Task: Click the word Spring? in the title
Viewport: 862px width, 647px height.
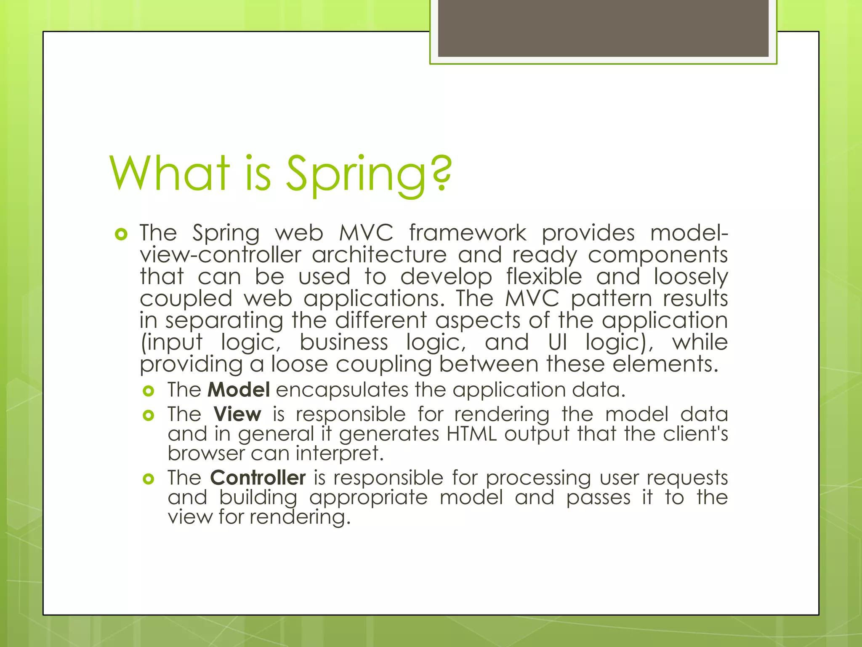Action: click(x=369, y=174)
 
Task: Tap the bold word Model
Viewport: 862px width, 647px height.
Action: click(x=239, y=390)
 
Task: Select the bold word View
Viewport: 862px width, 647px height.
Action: click(x=237, y=414)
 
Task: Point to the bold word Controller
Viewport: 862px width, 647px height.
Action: click(x=258, y=478)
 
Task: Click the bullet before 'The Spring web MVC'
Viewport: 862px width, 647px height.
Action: click(x=121, y=234)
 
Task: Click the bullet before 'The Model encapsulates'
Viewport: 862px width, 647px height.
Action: click(x=148, y=391)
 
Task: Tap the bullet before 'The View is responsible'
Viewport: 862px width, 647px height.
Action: click(x=148, y=416)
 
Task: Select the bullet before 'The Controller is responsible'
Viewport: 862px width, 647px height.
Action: click(x=148, y=479)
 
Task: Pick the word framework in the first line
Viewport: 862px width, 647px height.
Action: click(x=467, y=233)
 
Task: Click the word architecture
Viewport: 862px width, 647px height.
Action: click(x=379, y=255)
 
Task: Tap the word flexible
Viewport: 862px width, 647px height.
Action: click(x=544, y=277)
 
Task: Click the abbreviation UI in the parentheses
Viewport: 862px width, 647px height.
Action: click(x=557, y=342)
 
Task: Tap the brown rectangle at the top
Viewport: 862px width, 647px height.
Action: click(x=603, y=28)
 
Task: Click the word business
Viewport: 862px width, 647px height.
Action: click(x=343, y=342)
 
